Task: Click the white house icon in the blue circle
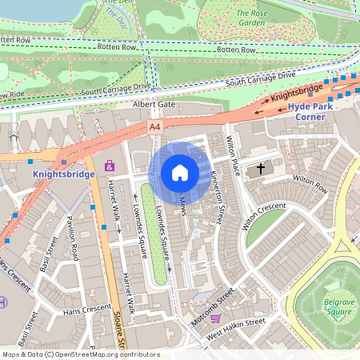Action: [180, 172]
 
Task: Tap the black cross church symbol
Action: [258, 170]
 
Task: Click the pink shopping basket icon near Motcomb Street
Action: [215, 318]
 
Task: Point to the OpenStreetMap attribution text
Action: [80, 354]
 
